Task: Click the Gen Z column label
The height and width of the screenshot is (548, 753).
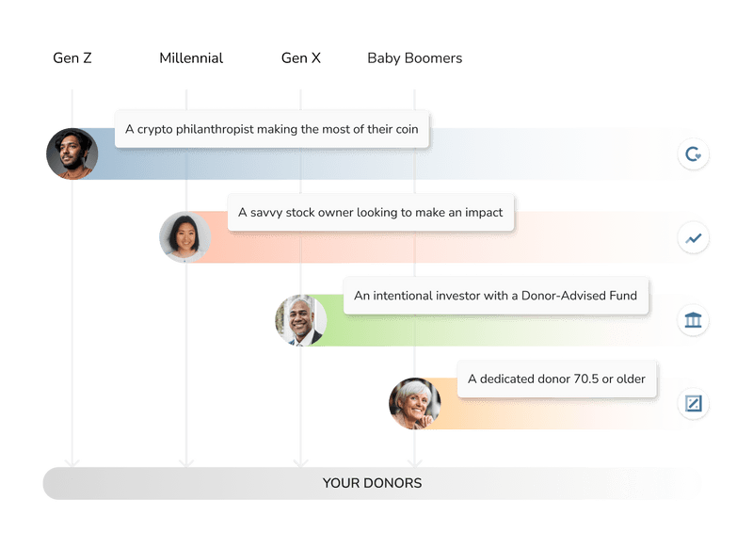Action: pos(72,58)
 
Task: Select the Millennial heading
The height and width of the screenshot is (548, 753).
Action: pos(190,58)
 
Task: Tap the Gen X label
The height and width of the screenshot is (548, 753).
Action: pos(301,58)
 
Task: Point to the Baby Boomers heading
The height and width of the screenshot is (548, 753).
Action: pos(414,58)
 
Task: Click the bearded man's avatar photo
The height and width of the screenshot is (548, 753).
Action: pos(72,153)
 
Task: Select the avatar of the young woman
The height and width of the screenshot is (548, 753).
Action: pos(184,237)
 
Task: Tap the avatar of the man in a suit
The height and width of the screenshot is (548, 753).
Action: pos(300,320)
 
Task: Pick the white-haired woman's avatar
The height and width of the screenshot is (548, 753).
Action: pos(414,404)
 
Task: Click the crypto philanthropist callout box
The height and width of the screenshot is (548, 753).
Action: pos(273,129)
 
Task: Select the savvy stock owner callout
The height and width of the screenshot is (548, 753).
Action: pos(370,213)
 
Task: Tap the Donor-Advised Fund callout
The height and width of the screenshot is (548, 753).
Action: pos(495,296)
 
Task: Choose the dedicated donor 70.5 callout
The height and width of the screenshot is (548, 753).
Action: pos(556,379)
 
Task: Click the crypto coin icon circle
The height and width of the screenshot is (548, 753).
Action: pos(694,154)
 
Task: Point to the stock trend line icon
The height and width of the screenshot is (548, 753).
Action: pos(694,238)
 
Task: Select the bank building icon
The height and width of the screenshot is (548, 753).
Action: pos(694,321)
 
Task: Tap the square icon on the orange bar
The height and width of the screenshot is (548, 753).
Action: pos(694,404)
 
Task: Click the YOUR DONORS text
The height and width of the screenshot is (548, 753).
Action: pos(372,483)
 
